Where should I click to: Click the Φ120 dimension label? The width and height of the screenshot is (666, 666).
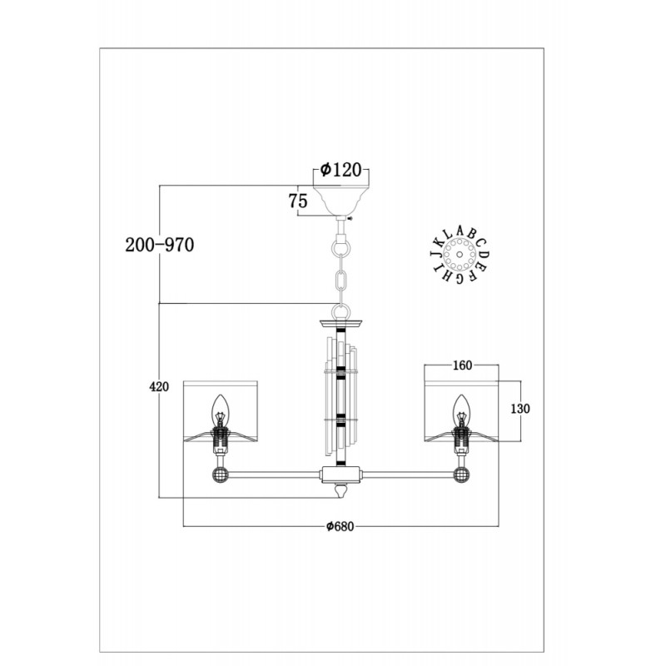pyautogui.click(x=340, y=170)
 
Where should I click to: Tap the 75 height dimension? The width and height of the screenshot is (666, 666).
pyautogui.click(x=298, y=201)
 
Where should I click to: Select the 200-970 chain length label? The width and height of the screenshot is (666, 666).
pyautogui.click(x=160, y=245)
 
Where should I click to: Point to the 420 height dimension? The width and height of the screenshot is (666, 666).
pyautogui.click(x=159, y=386)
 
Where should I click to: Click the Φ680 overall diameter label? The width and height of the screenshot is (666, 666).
pyautogui.click(x=340, y=527)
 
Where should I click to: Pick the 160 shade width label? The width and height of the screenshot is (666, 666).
pyautogui.click(x=463, y=365)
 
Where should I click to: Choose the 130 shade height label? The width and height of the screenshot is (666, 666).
pyautogui.click(x=520, y=409)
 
